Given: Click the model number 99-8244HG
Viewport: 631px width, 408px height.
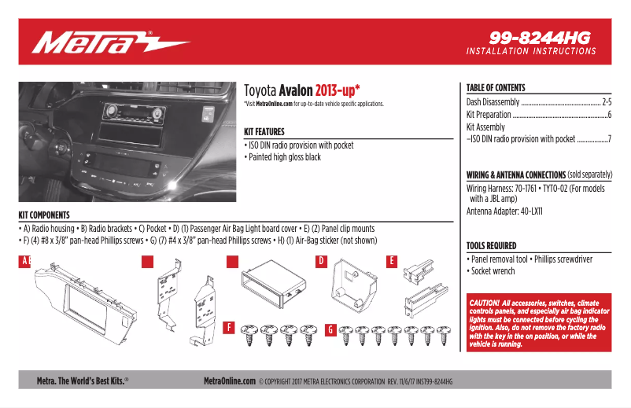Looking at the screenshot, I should coord(539,36).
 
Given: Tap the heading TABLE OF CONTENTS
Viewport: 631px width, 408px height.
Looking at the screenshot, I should coord(496,88).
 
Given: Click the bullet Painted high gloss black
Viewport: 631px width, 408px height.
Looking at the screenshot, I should coord(283,157).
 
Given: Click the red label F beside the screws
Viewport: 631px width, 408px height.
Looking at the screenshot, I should coord(228,326).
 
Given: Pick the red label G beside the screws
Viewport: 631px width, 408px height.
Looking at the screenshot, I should coord(330,326).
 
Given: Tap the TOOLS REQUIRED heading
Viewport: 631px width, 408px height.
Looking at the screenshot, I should coord(491,245).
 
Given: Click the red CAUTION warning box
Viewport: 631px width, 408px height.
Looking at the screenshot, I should coord(539,323).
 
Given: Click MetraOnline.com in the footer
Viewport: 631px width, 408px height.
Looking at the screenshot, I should coord(230,380).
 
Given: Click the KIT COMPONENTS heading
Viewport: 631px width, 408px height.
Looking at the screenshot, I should coord(44,215).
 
